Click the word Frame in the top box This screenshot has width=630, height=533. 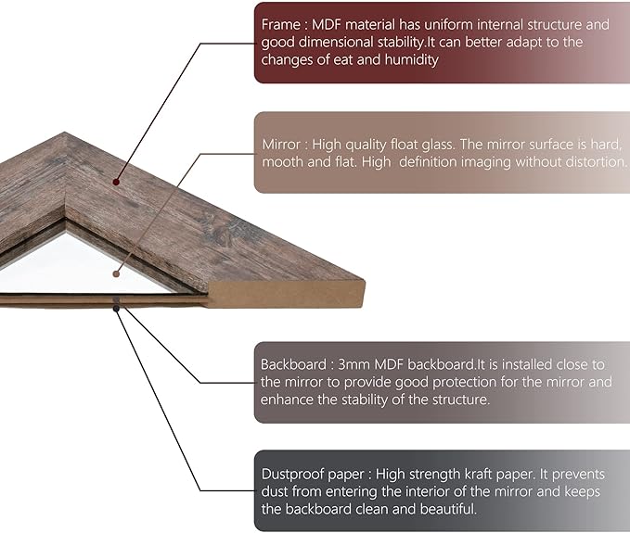coord(281,24)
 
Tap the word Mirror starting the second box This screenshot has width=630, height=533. coord(281,145)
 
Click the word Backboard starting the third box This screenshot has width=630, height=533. coord(293,364)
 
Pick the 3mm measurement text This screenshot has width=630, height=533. coord(354,364)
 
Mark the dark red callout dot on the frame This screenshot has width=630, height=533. coord(116,182)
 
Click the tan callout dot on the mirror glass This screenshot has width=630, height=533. coord(116,273)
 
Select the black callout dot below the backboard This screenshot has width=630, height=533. coord(116,309)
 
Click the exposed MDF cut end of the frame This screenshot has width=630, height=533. coord(286,295)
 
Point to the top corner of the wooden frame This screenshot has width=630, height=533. coord(64,132)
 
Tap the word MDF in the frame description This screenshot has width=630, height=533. coord(327,24)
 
